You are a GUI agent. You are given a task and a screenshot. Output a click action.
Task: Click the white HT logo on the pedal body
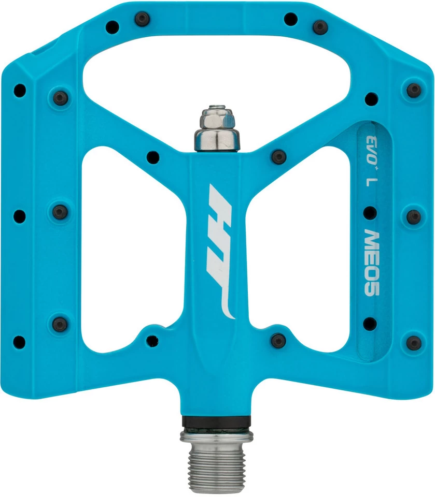pos(218,251)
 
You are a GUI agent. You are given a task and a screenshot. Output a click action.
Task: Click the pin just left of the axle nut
pos(152,156)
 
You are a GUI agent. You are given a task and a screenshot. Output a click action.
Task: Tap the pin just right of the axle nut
pos(278,156)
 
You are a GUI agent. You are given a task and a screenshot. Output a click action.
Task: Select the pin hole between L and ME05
pos(370,212)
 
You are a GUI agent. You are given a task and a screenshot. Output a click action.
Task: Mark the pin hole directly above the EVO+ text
pos(371,97)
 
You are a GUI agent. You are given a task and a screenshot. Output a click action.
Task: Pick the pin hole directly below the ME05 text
pos(370,324)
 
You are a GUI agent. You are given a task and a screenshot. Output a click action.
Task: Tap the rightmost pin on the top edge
pos(321,26)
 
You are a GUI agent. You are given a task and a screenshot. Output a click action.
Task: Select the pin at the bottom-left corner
pos(19,341)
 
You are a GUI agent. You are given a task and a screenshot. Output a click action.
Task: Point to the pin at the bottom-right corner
pos(414,342)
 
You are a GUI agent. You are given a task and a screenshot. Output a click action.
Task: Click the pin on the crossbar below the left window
pos(152,341)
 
